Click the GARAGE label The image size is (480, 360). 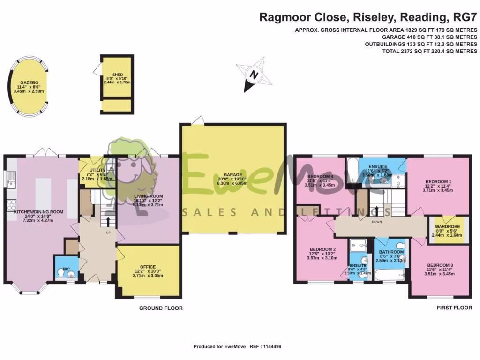pyautogui.click(x=233, y=175)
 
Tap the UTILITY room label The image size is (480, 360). pyautogui.click(x=97, y=170)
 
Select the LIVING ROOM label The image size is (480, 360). pyautogui.click(x=148, y=196)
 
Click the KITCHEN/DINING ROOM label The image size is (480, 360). pyautogui.click(x=38, y=212)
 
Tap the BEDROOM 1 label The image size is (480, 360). pyautogui.click(x=438, y=181)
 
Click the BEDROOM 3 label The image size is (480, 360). pyautogui.click(x=440, y=265)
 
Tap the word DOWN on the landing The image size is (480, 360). pyautogui.click(x=376, y=222)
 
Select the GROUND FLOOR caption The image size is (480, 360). pyautogui.click(x=161, y=308)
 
